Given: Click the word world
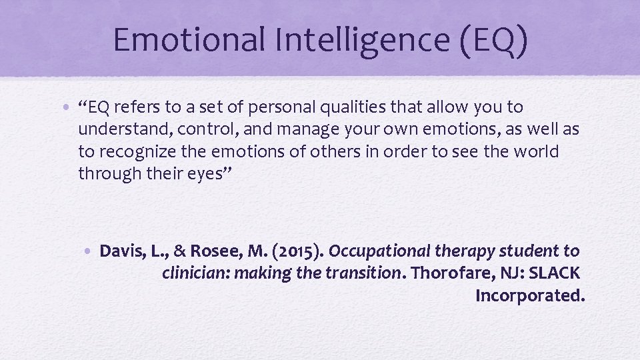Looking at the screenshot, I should tap(537, 151).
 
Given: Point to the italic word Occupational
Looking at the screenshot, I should tap(379, 251).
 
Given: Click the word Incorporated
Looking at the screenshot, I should tap(530, 295).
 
